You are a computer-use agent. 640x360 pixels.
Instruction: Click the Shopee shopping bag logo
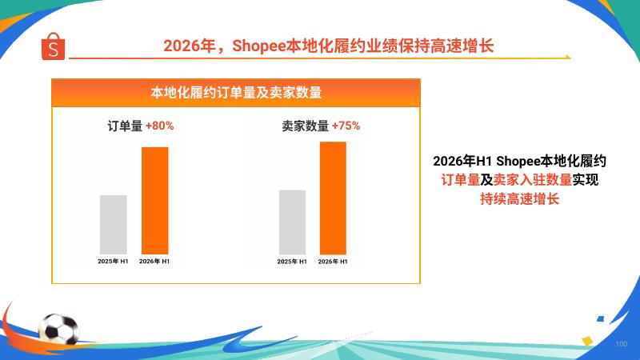(53, 46)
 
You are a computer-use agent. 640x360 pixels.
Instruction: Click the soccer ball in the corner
(58, 329)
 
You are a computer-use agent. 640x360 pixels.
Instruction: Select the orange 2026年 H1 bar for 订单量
(154, 201)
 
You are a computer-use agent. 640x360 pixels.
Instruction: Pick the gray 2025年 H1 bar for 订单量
(114, 225)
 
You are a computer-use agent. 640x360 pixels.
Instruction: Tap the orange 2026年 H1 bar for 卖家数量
(333, 198)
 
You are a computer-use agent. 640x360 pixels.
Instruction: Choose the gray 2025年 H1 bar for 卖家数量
(292, 222)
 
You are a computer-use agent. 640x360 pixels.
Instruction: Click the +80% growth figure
(159, 126)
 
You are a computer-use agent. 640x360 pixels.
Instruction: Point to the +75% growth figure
(346, 126)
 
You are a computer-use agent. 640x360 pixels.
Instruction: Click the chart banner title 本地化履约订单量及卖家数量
(236, 93)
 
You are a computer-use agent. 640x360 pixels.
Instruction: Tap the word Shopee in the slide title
(258, 46)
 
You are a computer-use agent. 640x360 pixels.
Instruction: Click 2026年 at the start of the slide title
(190, 46)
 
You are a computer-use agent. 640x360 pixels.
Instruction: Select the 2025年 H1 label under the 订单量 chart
(113, 262)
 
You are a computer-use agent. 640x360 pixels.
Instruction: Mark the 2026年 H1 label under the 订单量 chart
(154, 262)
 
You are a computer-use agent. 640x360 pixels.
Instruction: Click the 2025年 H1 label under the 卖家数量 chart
(292, 262)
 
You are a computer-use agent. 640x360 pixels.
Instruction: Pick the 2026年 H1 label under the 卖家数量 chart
(333, 262)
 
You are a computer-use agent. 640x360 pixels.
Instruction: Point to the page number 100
(622, 344)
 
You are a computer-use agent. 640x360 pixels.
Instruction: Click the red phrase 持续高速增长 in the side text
(519, 198)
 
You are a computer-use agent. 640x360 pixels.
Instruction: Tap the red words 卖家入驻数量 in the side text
(533, 179)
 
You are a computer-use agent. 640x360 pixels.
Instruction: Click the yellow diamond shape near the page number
(587, 341)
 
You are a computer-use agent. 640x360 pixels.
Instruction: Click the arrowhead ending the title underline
(567, 57)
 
